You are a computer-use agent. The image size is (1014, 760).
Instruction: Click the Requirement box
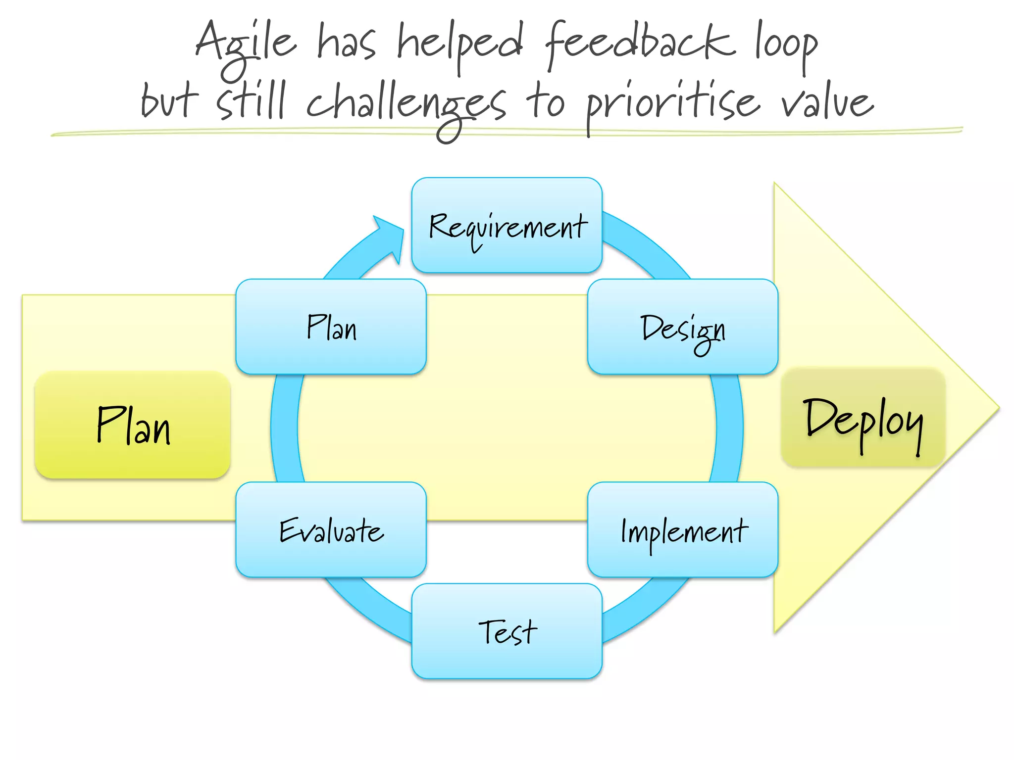click(x=507, y=225)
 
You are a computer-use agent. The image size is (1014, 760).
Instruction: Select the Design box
click(x=682, y=327)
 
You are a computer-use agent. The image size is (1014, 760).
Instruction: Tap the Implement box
click(x=682, y=529)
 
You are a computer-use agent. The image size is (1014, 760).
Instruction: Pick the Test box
click(x=507, y=631)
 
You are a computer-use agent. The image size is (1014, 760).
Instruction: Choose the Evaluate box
click(x=331, y=529)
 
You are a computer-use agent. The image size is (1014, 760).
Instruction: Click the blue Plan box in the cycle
click(x=331, y=327)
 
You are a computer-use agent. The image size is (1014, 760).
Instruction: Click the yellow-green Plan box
click(x=133, y=425)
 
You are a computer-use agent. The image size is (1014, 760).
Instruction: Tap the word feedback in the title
click(x=639, y=45)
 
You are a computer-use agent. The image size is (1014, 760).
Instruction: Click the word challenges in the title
click(x=406, y=104)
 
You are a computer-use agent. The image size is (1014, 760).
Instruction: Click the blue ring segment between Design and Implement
click(x=728, y=428)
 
